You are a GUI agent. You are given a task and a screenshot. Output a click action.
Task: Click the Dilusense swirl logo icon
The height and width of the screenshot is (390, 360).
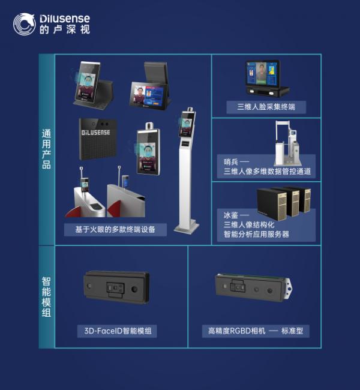tap(25, 24)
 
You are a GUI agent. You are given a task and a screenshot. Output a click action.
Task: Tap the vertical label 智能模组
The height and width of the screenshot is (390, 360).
tap(46, 296)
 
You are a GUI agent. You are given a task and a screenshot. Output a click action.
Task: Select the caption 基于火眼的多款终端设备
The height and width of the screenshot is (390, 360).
tap(115, 229)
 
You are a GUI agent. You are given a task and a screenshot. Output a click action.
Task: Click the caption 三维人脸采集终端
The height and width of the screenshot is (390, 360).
tap(266, 107)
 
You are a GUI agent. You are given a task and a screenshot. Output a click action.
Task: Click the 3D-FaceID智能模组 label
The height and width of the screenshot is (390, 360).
tap(117, 331)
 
